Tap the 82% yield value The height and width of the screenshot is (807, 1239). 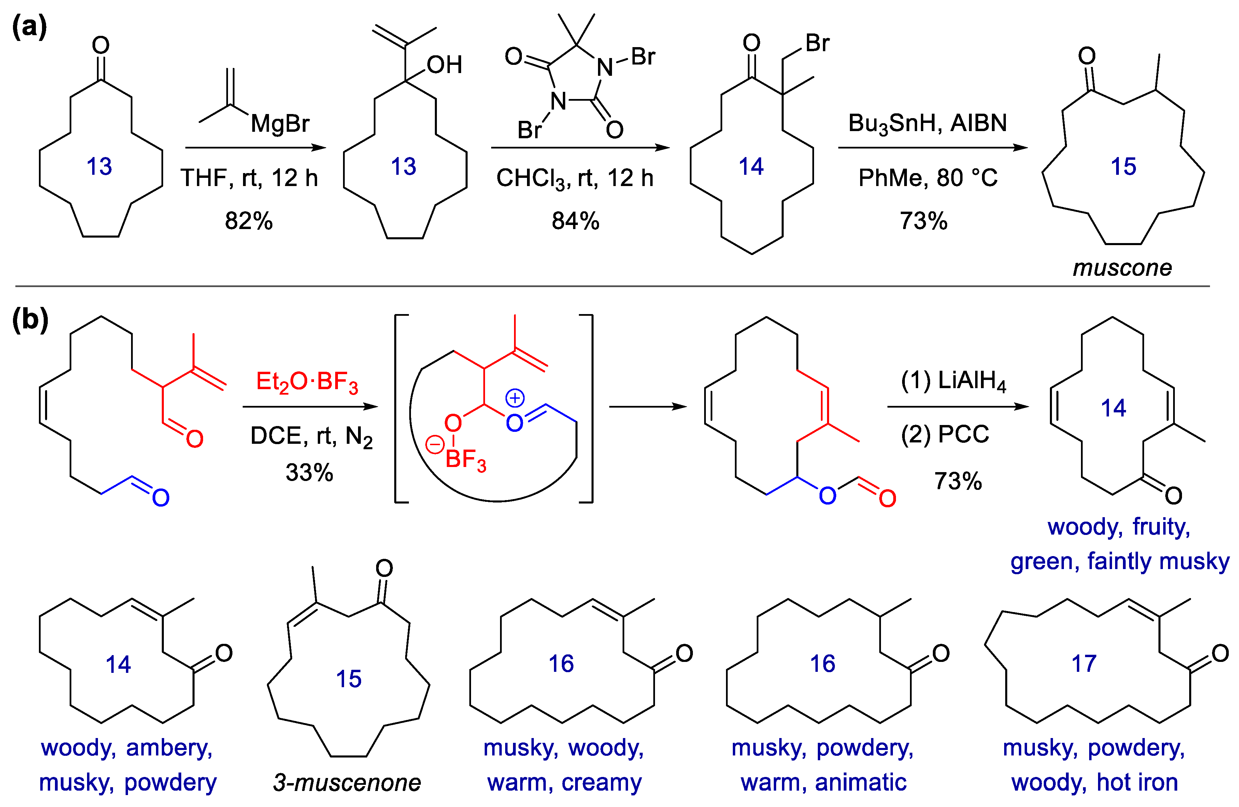248,221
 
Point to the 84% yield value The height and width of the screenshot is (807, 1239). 575,221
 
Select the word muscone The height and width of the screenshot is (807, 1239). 1122,268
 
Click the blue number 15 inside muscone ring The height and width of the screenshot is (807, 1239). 1123,167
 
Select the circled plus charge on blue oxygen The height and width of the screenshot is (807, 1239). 515,398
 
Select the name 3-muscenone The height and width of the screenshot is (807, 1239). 347,782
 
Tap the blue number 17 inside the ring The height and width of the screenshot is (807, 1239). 1084,664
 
